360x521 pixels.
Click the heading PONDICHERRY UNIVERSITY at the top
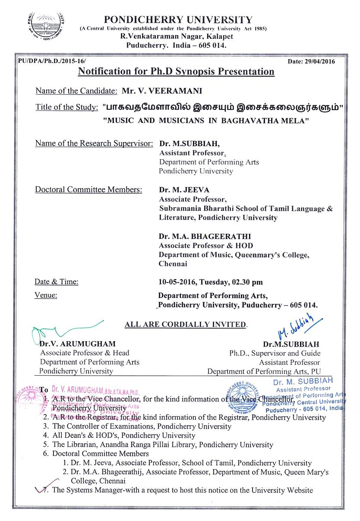coord(178,19)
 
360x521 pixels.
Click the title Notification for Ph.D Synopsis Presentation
coord(176,71)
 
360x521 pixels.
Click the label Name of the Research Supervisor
coord(94,143)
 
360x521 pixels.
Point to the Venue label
coord(46,295)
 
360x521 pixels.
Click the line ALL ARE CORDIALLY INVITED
coord(186,324)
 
